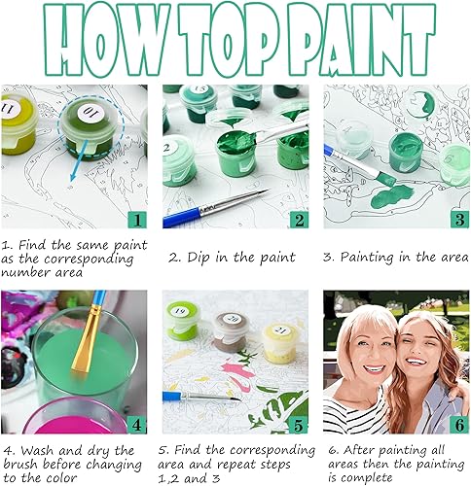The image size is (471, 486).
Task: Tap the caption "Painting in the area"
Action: coord(395,258)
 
